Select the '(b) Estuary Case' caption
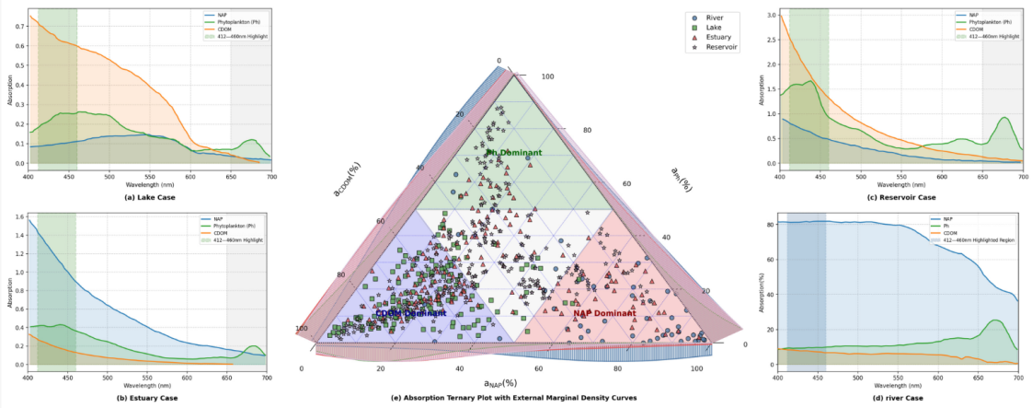pos(147,397)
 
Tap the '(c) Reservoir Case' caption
pos(901,198)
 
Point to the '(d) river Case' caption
pos(898,397)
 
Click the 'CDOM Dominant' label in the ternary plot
pos(410,314)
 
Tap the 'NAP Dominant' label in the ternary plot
pos(604,314)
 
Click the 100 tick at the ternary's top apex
pos(548,77)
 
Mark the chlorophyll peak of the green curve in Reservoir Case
pos(1003,118)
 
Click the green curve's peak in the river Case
pos(994,321)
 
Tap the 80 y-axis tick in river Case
pos(768,224)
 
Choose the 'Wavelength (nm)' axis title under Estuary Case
pos(147,384)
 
